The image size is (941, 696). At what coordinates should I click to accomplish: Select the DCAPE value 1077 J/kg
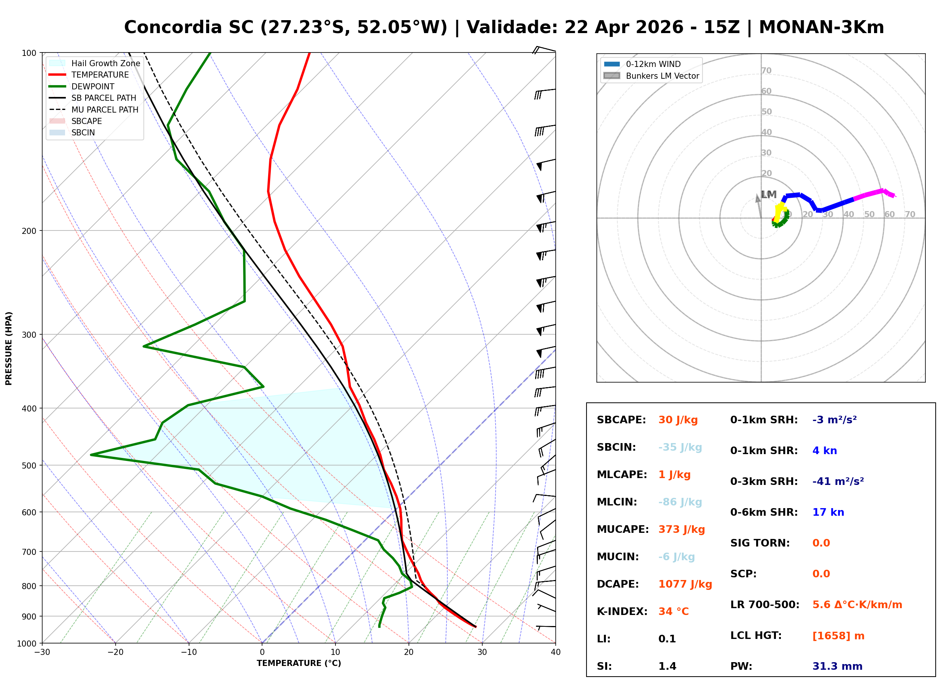point(685,584)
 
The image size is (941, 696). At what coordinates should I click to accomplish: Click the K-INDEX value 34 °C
point(673,611)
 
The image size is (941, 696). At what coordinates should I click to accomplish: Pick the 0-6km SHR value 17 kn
point(828,512)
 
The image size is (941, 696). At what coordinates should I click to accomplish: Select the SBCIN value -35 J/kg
point(680,447)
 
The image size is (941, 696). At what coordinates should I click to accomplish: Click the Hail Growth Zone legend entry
point(105,63)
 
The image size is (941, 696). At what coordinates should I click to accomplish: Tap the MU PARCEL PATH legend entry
point(105,110)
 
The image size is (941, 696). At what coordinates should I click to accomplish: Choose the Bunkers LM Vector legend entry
point(662,76)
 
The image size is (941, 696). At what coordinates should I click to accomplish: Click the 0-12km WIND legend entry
point(653,64)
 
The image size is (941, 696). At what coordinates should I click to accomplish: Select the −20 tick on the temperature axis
point(115,652)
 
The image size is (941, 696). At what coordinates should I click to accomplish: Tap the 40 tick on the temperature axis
point(555,652)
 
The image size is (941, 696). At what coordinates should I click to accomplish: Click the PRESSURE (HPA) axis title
point(9,348)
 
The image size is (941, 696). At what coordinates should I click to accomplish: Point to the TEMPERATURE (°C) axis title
point(299,663)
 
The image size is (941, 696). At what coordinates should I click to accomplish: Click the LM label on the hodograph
point(768,195)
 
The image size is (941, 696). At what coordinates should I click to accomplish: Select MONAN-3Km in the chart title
point(821,27)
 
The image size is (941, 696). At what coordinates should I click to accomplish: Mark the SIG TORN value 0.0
point(820,543)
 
